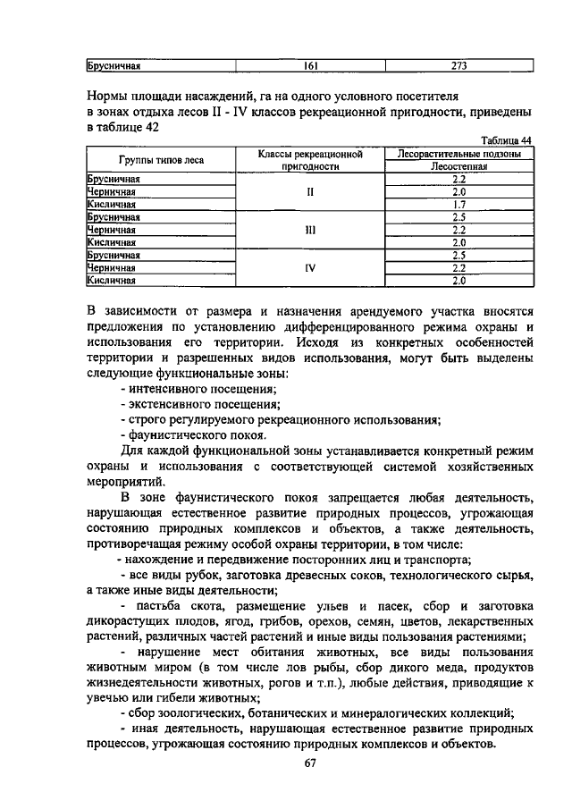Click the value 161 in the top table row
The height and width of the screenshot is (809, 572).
(x=310, y=65)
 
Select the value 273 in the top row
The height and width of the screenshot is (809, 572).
(x=459, y=65)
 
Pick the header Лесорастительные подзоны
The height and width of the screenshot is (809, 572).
(x=459, y=154)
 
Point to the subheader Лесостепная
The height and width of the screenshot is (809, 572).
(x=459, y=166)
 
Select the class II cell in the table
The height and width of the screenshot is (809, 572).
(x=310, y=191)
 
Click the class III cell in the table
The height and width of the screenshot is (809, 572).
(x=310, y=229)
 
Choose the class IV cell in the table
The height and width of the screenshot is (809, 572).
(x=310, y=266)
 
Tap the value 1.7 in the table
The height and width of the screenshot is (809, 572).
(x=459, y=204)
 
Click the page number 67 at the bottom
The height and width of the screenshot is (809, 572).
(x=310, y=763)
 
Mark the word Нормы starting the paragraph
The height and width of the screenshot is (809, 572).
(x=108, y=95)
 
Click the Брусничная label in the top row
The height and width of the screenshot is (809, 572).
(x=114, y=65)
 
